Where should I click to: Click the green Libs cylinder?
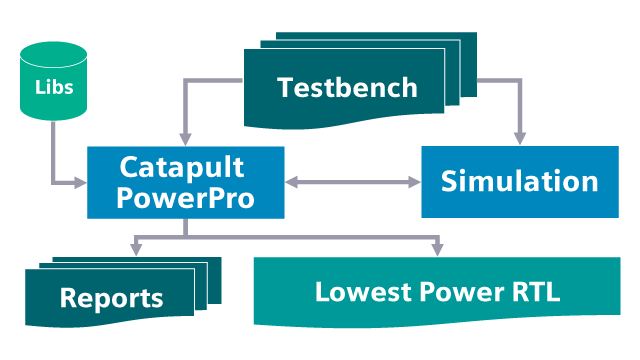53,85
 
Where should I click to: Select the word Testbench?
347,87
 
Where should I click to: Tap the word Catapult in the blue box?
182,166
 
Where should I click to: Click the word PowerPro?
185,197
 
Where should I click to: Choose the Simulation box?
519,182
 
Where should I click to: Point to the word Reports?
111,297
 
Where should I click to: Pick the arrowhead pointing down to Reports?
134,249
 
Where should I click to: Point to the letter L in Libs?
38,88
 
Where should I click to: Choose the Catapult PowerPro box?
185,182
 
